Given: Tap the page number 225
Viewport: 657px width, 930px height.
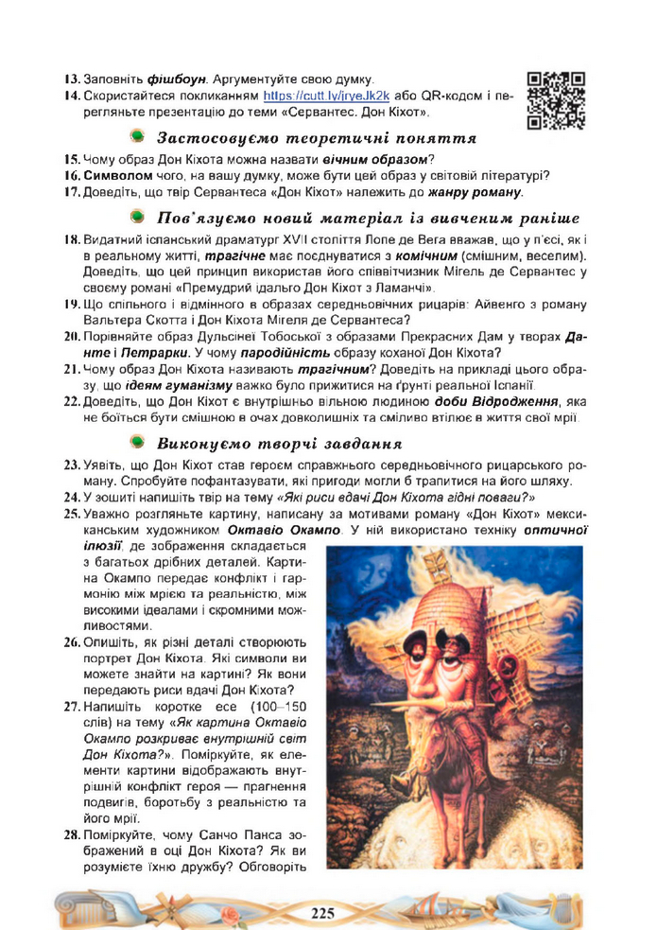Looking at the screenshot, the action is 323,912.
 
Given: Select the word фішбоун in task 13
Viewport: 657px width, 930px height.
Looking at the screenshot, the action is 177,79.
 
